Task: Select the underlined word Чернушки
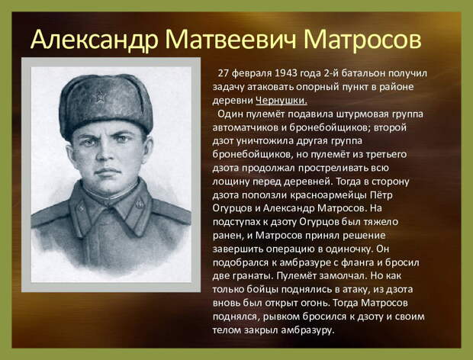(282, 101)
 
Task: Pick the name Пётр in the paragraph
(381, 194)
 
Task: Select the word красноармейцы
(328, 195)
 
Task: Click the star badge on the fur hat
(100, 97)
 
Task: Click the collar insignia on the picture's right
(139, 204)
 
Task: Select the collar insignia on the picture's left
(82, 207)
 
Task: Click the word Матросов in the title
(362, 40)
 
